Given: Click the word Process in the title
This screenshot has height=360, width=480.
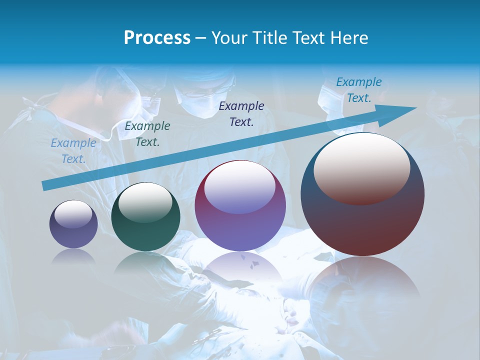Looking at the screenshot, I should [157, 38].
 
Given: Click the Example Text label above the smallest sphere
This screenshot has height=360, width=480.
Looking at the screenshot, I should [73, 151].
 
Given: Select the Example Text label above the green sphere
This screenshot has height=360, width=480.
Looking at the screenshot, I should [147, 134].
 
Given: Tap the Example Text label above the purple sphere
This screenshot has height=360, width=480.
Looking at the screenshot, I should [241, 113].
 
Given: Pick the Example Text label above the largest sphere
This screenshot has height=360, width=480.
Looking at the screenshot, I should [358, 90].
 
